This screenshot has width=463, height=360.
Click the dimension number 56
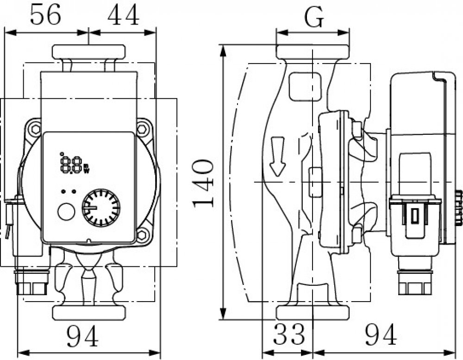45,15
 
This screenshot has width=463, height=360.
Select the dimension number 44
123,15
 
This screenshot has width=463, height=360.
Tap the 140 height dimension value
203,183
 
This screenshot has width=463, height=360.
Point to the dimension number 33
288,334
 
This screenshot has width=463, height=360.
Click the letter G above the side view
314,17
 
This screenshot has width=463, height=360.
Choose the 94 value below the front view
82,336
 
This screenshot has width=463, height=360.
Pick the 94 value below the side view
381,335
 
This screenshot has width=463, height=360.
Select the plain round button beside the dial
66,212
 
